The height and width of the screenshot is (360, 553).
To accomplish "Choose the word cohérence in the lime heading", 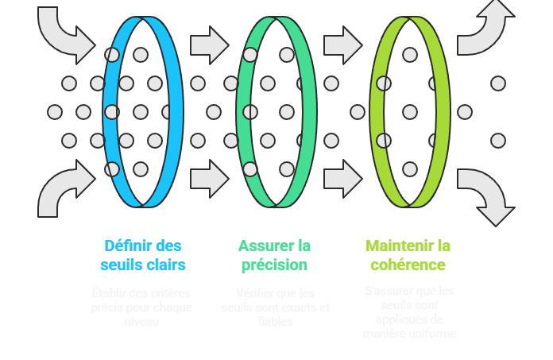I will (408, 265).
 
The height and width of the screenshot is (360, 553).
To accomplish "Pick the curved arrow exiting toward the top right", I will (485, 28).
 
